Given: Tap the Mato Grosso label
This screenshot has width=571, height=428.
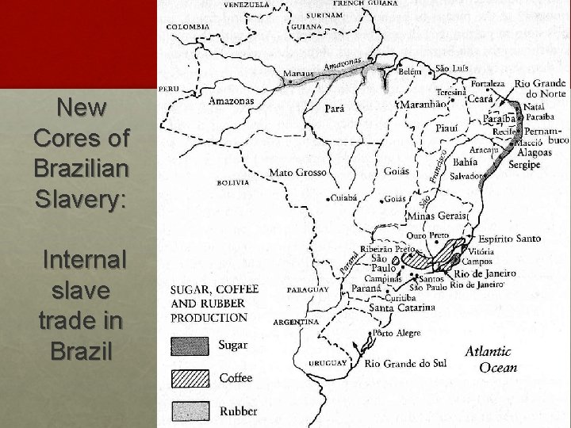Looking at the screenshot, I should coord(298,172).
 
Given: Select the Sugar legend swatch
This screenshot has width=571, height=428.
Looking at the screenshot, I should coord(190,346).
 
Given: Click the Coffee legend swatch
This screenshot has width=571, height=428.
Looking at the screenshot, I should coord(190,378).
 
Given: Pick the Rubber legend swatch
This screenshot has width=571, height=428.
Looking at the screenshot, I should coord(190,411).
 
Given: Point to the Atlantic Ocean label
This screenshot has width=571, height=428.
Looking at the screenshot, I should coord(490,359).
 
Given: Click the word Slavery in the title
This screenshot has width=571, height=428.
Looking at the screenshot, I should coord(80,200).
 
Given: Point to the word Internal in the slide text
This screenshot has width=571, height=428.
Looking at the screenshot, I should coord(83,259).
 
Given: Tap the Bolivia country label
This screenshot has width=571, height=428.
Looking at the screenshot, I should coord(232,182).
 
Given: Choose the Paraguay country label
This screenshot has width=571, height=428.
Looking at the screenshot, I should coord(308,290).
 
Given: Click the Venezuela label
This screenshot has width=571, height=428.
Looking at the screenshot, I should coord(246,5).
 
